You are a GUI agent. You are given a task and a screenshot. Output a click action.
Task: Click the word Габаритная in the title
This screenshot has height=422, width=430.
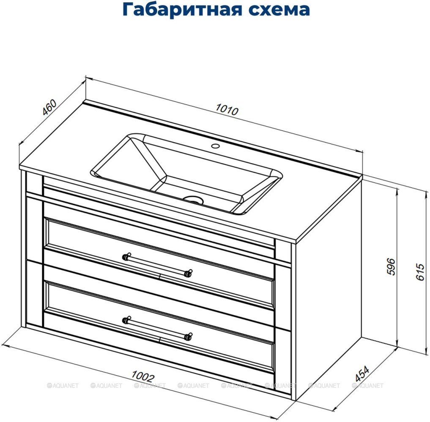[182, 10]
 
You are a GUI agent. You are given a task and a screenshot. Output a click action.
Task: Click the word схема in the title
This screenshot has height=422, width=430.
[279, 10]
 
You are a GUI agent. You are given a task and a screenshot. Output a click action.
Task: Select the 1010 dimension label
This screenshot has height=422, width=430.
[227, 109]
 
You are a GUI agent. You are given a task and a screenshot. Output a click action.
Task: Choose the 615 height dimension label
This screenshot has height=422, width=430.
[420, 271]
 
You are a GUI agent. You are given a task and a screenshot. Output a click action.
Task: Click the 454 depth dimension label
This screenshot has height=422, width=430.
[362, 373]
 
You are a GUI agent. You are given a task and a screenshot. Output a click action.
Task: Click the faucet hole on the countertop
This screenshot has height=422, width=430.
[215, 146]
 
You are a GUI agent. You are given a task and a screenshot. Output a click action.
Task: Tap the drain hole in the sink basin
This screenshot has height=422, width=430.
[194, 200]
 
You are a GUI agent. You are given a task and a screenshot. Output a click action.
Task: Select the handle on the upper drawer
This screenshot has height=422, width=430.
[157, 265]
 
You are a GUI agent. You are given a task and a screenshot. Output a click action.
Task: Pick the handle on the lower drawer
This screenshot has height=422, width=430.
[157, 328]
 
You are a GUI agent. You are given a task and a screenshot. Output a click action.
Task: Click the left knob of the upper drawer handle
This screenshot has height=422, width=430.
[126, 257]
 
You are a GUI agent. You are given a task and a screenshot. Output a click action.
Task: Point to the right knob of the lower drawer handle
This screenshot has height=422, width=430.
[189, 336]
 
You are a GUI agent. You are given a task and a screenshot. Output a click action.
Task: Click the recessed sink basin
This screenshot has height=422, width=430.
[186, 174]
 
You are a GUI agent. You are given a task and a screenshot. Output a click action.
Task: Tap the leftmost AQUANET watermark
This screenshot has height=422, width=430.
[63, 386]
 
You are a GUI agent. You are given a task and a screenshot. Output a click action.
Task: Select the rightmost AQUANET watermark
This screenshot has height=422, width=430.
[367, 386]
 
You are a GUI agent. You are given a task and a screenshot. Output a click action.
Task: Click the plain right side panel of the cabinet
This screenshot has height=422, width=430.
[328, 290]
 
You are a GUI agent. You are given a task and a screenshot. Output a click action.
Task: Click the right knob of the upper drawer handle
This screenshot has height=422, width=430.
[189, 273]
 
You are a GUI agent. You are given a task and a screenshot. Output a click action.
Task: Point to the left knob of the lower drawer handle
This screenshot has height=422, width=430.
[126, 320]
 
